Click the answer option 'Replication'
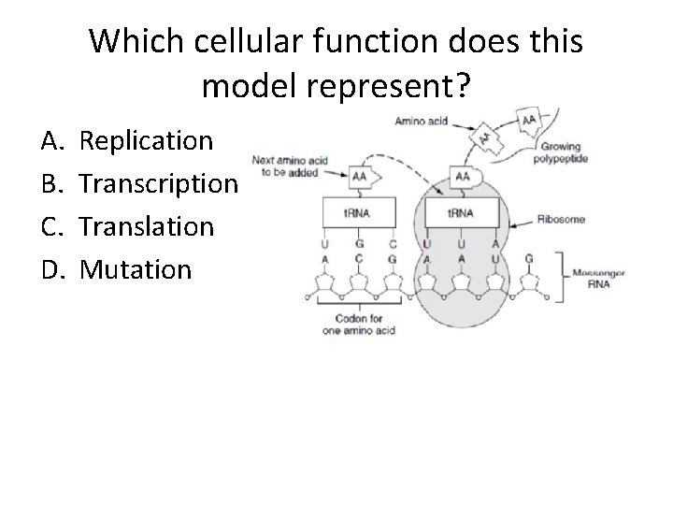147,142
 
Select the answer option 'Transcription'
159,184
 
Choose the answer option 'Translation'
147,227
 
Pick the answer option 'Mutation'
136,270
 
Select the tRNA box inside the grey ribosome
461,212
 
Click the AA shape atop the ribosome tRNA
462,176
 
